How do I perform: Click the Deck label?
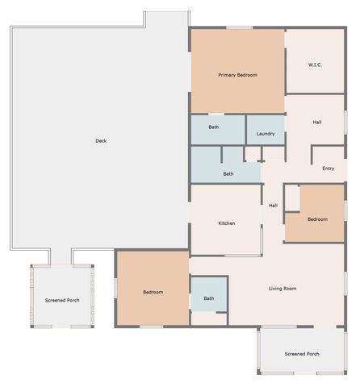(x=101, y=141)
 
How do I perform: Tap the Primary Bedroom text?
(x=237, y=75)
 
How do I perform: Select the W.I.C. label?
(x=316, y=64)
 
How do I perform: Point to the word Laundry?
(x=266, y=133)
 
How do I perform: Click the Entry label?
(x=328, y=169)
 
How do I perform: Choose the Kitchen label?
(x=227, y=223)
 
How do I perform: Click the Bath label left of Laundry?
(x=214, y=127)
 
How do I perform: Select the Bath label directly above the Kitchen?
(x=228, y=173)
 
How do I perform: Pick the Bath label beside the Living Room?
(x=209, y=298)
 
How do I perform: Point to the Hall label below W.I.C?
(x=317, y=123)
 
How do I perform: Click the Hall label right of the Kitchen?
(x=274, y=205)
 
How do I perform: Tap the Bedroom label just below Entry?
(x=317, y=218)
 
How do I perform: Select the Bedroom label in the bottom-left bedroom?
(x=153, y=292)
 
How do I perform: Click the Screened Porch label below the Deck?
(x=62, y=300)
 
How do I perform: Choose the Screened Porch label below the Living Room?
(x=302, y=354)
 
